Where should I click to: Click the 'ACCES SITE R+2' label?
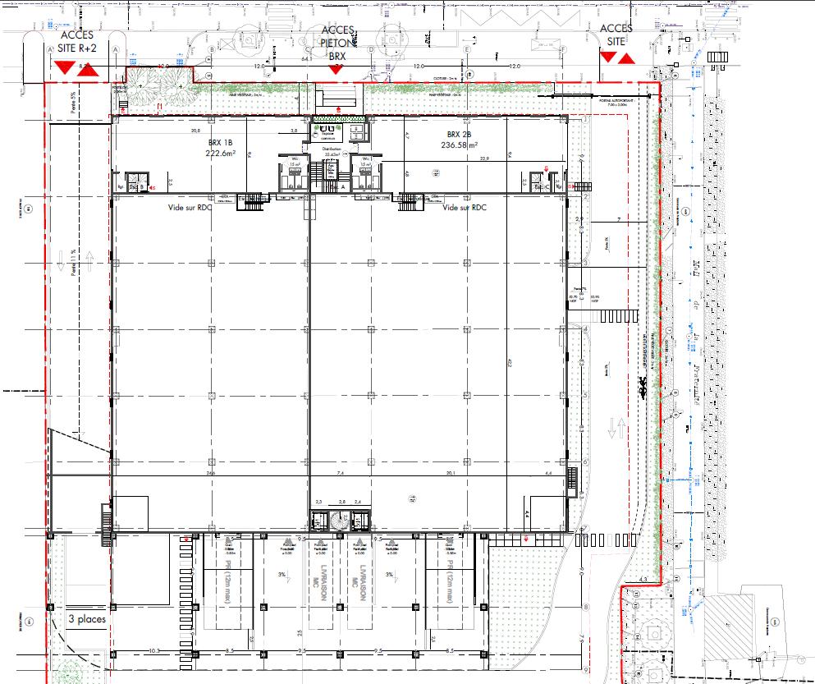[x=79, y=40]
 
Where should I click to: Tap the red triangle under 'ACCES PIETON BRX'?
[x=335, y=70]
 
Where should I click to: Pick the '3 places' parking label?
[x=87, y=619]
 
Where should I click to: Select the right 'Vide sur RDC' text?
[x=465, y=208]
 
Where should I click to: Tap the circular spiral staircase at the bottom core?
[x=339, y=521]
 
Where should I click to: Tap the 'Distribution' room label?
[x=332, y=149]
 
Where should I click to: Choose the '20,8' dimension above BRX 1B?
[x=195, y=131]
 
